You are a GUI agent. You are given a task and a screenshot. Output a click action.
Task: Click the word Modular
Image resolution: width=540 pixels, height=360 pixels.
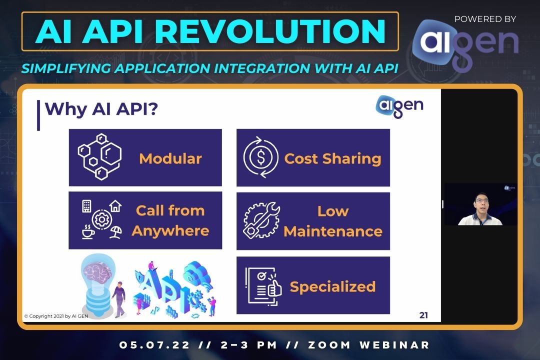point(170,158)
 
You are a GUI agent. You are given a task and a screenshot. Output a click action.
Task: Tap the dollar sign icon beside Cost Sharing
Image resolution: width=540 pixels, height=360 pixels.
point(260,157)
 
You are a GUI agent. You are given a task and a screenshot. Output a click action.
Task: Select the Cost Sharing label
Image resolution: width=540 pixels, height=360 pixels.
point(332,158)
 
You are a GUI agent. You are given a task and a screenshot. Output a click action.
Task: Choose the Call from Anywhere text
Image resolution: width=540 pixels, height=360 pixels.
point(170,220)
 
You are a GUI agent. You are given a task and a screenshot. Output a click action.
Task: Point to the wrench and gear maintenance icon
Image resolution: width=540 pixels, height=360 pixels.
point(261,220)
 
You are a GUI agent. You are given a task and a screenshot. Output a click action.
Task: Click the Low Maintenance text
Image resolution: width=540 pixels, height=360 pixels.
point(332,221)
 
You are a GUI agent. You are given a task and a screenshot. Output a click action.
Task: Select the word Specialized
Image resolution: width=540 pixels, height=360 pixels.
point(332,286)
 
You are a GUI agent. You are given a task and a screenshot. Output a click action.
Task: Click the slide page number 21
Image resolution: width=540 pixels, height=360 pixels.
point(423,315)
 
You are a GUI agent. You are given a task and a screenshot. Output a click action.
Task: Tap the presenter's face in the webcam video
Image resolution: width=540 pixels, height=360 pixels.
point(480,205)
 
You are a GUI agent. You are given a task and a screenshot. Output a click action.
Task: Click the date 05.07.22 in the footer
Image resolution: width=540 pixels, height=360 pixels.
point(150,345)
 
